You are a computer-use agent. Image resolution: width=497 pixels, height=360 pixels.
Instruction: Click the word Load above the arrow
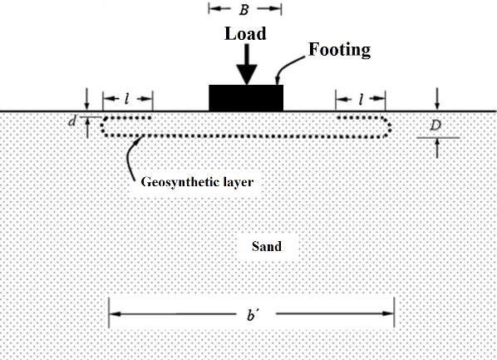(245, 33)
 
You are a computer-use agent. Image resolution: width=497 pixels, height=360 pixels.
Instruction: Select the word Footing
(339, 50)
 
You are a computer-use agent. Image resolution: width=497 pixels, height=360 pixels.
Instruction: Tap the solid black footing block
(246, 98)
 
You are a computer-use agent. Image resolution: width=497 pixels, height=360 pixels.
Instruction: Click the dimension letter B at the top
(244, 10)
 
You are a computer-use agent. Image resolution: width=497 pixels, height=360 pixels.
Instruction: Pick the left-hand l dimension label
(127, 99)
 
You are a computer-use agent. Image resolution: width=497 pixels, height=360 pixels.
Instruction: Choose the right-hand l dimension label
(361, 100)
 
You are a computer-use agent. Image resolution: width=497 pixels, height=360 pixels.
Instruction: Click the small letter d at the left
(73, 121)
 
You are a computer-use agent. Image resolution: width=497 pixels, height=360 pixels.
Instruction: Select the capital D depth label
(435, 126)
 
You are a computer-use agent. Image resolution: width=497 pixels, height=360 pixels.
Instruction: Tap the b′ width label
(251, 315)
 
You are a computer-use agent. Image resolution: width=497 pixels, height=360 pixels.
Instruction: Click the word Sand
(267, 246)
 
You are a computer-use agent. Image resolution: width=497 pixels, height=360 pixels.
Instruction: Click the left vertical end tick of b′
(109, 313)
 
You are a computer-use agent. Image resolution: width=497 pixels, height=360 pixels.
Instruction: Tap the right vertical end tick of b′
(394, 313)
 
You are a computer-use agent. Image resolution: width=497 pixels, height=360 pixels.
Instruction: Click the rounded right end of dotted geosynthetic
(390, 127)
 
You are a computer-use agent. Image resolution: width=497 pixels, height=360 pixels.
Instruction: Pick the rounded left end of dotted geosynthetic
(101, 126)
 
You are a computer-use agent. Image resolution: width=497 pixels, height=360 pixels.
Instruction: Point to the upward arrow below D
(437, 149)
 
